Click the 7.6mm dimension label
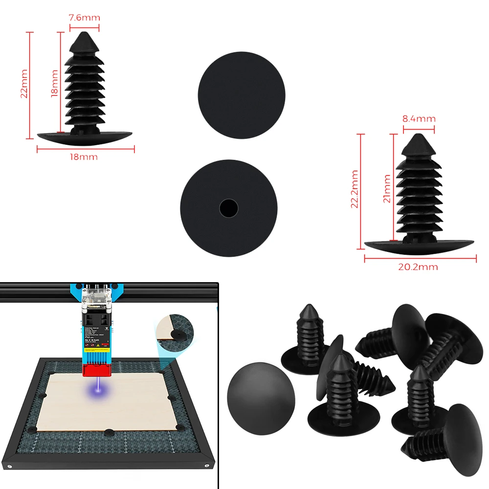(84, 18)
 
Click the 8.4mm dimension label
(419, 118)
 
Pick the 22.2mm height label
(355, 189)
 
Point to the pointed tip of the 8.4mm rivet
(419, 137)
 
